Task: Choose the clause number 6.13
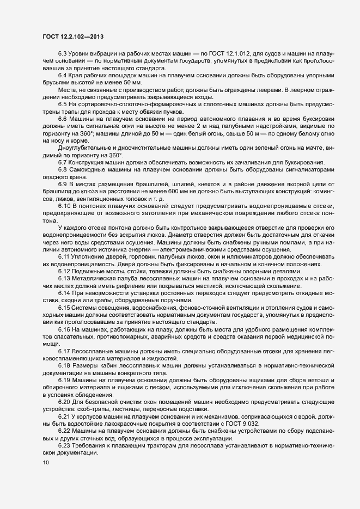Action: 65,278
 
